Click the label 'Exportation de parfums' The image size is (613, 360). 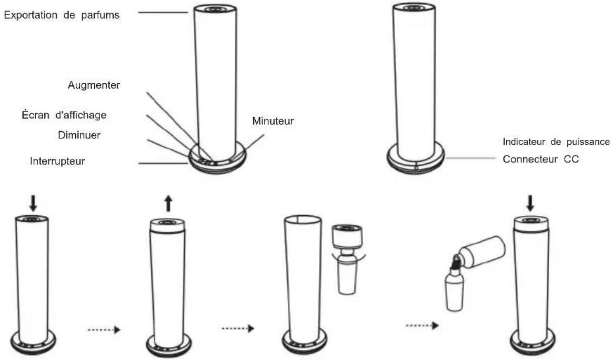click(62, 15)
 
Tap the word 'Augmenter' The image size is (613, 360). click(94, 85)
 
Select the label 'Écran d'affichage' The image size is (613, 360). click(64, 115)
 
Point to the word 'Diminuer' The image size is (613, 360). click(79, 135)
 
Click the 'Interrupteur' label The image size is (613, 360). click(57, 161)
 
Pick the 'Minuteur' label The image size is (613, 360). click(273, 121)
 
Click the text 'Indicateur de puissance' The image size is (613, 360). click(556, 142)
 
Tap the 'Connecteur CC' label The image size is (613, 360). click(541, 159)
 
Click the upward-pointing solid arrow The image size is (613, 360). click(168, 204)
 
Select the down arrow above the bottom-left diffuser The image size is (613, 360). click(33, 203)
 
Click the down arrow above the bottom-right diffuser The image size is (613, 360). click(530, 203)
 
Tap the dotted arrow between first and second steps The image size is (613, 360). click(104, 330)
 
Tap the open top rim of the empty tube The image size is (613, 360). click(304, 219)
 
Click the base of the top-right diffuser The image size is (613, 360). click(416, 158)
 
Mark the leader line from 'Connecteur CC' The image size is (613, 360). click(471, 158)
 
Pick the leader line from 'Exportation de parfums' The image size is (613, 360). click(164, 13)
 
